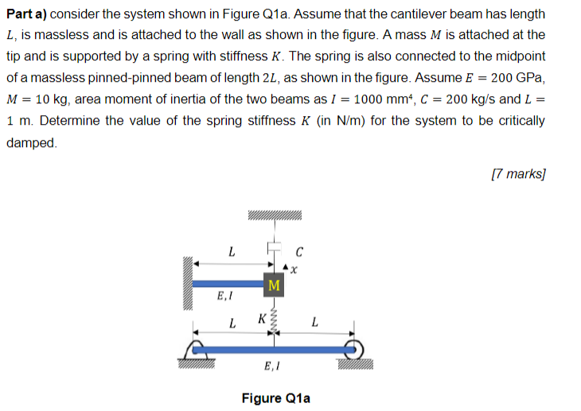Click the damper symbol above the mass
[274, 248]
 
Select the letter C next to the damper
[299, 253]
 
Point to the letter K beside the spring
[261, 320]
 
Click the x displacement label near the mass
[294, 270]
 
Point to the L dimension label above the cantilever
[231, 253]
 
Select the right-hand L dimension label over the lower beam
[315, 323]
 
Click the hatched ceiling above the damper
[274, 215]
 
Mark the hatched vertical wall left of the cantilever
[189, 282]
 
